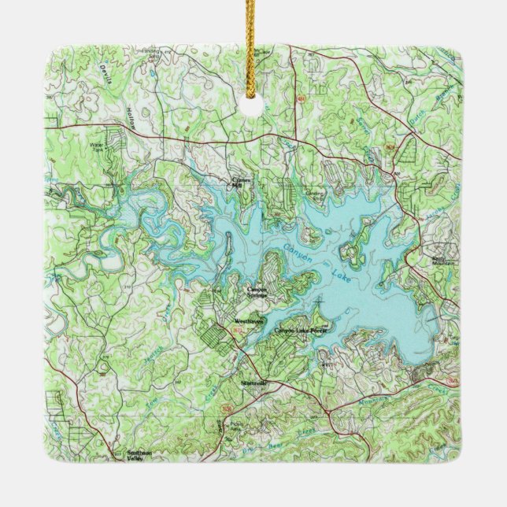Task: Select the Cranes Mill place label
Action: click(239, 182)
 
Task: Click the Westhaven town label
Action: click(249, 323)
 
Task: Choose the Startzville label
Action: click(254, 383)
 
